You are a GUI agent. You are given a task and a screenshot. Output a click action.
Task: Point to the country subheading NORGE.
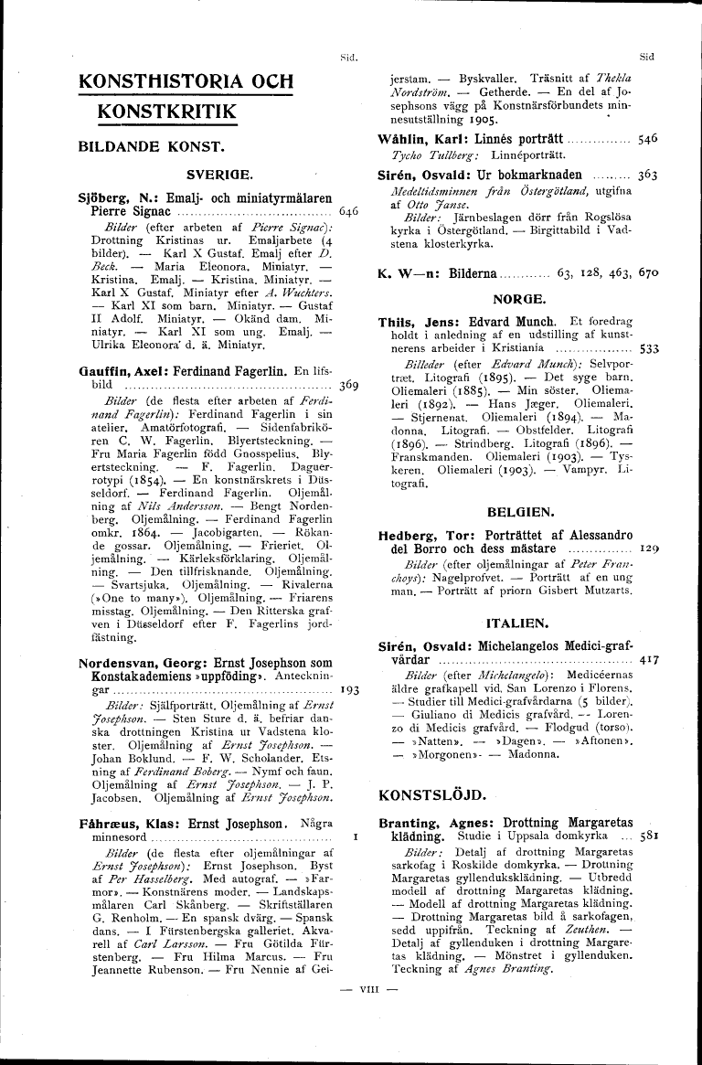click(518, 299)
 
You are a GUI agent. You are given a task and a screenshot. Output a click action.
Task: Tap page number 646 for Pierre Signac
click(348, 210)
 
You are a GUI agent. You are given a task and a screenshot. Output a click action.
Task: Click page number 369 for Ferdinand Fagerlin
click(348, 385)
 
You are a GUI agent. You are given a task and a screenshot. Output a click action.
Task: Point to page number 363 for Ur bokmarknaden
click(647, 173)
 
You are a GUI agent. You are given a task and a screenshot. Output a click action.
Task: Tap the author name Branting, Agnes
click(426, 821)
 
